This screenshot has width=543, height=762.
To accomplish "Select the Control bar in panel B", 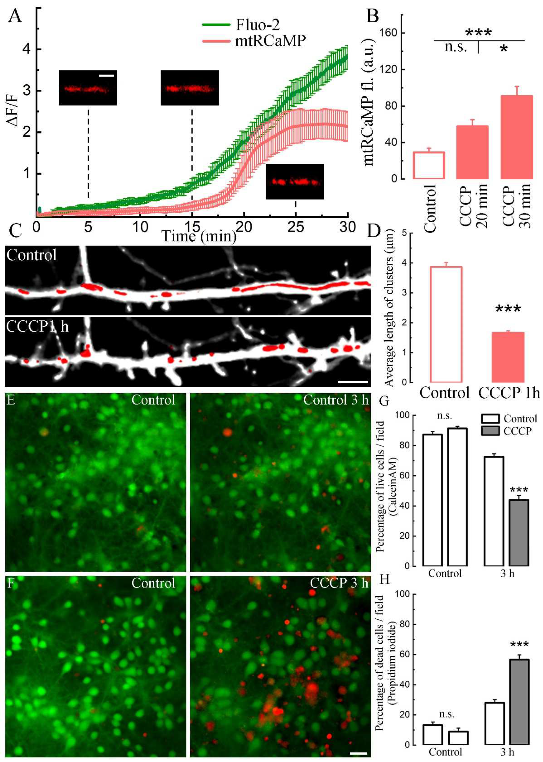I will [429, 165].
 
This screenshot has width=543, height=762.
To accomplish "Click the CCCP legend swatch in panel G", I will [490, 431].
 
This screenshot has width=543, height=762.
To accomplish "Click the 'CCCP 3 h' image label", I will [339, 583].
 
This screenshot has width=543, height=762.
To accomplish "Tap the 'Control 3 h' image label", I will [335, 400].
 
